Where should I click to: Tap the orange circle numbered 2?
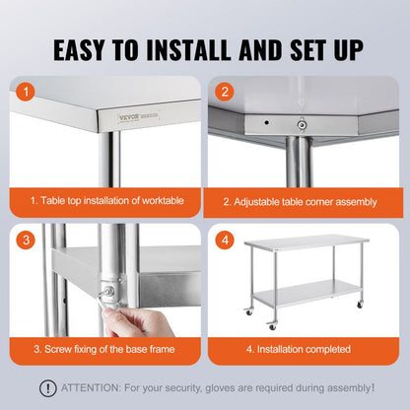pos(226,93)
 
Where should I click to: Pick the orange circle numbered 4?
pos(226,240)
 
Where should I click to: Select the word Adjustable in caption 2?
pos(261,201)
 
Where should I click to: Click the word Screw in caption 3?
pos(58,349)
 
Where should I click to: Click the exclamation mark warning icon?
pos(47,388)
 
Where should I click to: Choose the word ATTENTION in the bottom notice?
pos(94,388)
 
